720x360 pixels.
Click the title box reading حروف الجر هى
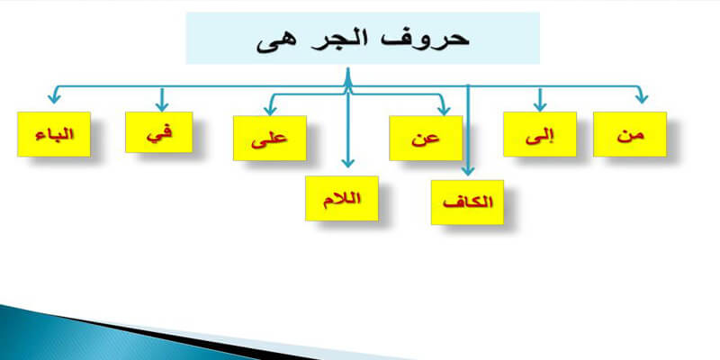362,38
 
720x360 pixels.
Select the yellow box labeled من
630,134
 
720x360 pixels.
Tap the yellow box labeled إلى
540,134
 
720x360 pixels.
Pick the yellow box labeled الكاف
468,202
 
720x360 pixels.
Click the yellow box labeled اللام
342,198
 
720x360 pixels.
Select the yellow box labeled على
269,139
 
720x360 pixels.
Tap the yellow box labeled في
161,133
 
